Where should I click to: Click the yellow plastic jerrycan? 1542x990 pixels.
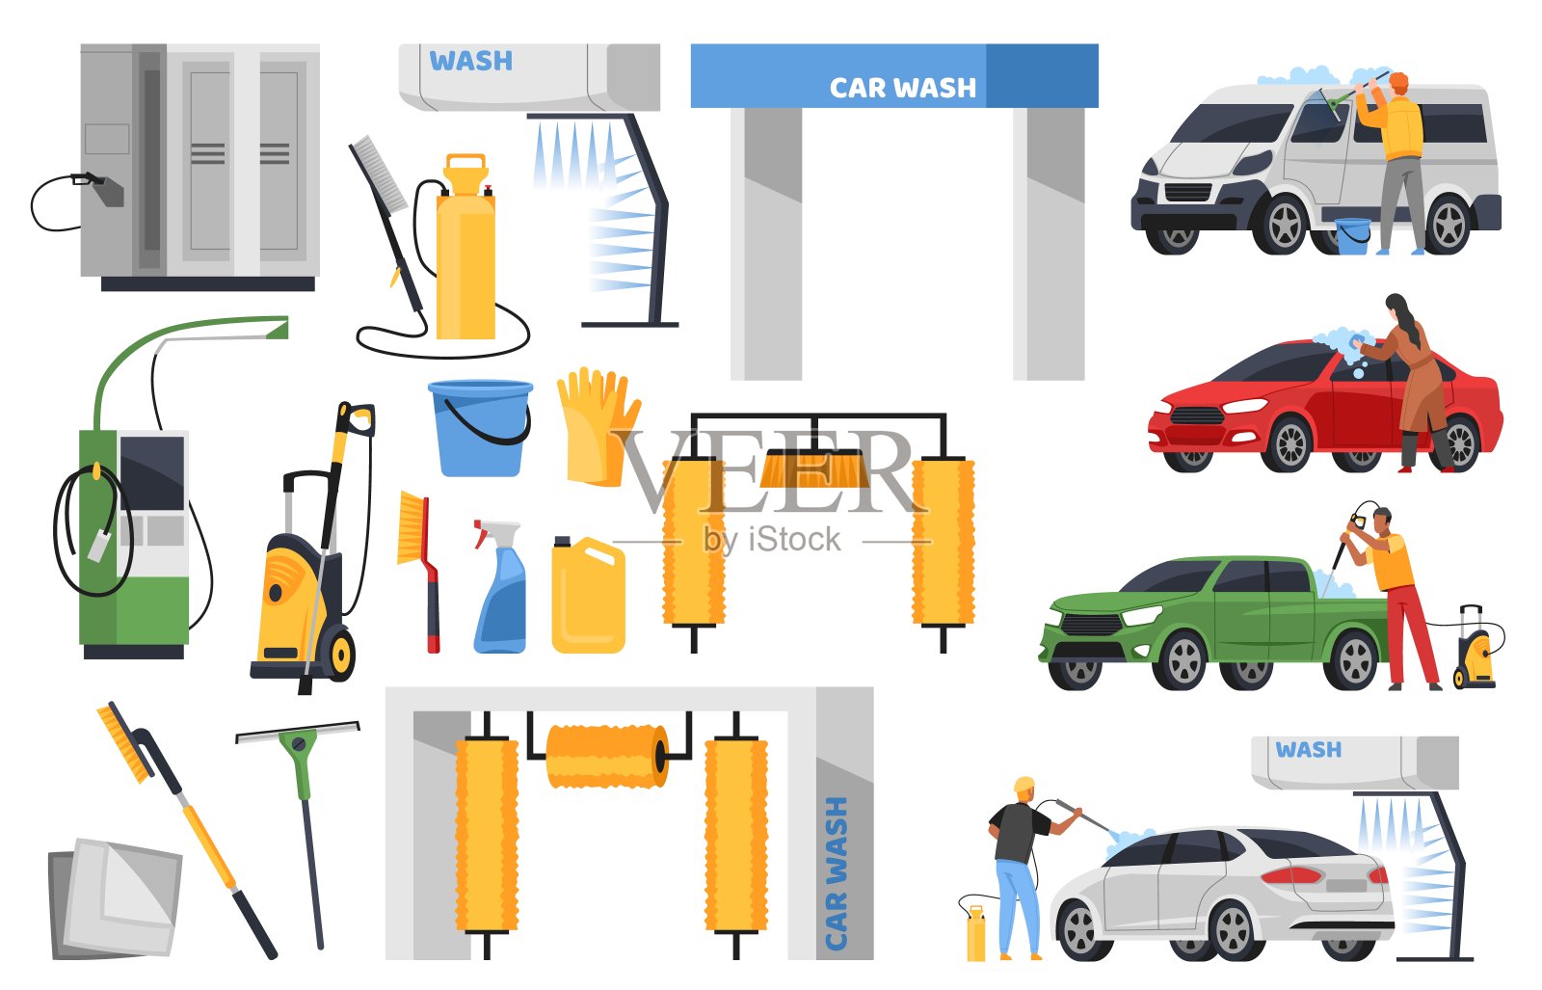click(x=588, y=596)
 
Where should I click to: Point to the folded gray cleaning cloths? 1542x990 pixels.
click(x=115, y=898)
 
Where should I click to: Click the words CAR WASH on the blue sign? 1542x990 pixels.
click(x=902, y=88)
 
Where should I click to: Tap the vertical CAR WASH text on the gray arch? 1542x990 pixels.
click(x=836, y=873)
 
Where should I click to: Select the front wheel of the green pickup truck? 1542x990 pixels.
click(x=1184, y=661)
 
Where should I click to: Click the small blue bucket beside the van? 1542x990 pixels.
click(x=1353, y=236)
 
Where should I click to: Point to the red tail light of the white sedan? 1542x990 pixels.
click(x=1291, y=875)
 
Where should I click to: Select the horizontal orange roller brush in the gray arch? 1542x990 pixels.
click(x=607, y=755)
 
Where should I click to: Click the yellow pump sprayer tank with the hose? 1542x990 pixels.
click(x=465, y=248)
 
